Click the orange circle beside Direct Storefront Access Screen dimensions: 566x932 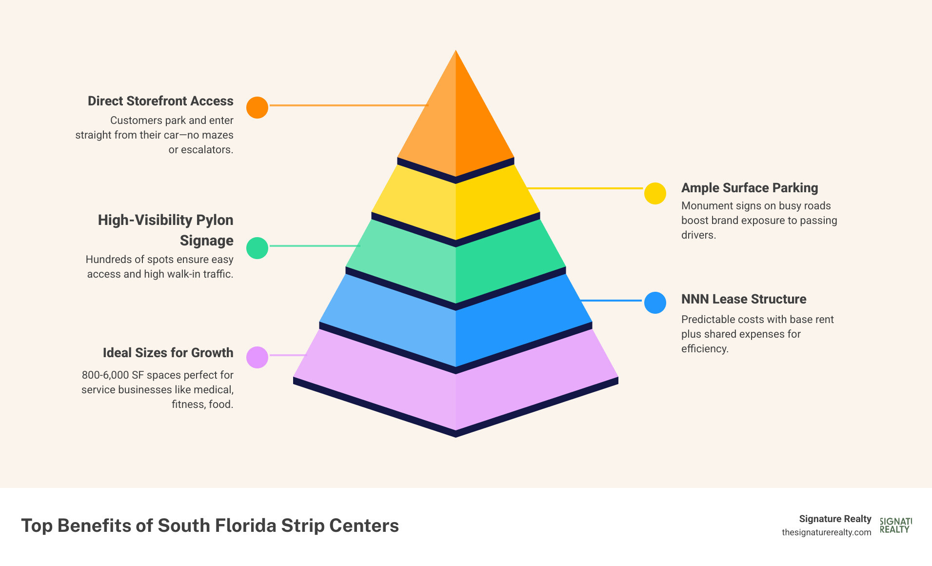pos(257,107)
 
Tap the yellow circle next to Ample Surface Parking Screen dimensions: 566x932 pos(655,194)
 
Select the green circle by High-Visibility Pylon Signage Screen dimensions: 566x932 pos(257,248)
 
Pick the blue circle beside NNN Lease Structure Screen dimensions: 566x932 pos(655,303)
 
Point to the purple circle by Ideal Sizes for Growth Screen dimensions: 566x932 pos(257,357)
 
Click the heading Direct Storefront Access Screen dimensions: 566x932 pos(160,101)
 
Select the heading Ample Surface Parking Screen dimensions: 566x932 pos(749,188)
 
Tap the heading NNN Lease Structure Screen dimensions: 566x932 pos(743,299)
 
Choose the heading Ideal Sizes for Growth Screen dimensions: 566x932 pos(168,353)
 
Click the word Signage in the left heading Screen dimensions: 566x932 pos(206,241)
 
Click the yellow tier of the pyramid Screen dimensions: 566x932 pos(456,205)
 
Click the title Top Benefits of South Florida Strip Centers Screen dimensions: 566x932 pos(210,526)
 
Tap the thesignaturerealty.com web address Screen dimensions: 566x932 pos(826,532)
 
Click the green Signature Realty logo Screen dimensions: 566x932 pos(895,526)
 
